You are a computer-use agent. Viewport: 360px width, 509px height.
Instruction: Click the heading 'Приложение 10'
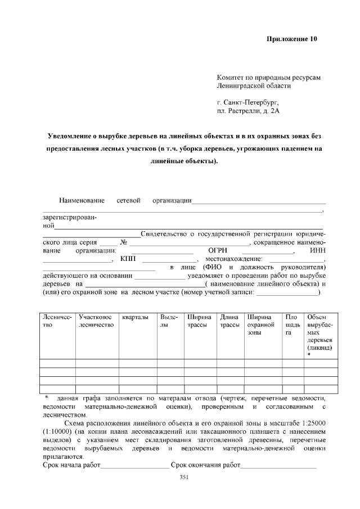click(x=291, y=39)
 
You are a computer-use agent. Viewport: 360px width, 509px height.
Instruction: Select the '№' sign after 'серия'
click(x=123, y=242)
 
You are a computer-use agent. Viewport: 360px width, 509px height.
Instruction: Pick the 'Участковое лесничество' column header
click(x=96, y=321)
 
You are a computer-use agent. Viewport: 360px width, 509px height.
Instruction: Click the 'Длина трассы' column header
click(x=229, y=321)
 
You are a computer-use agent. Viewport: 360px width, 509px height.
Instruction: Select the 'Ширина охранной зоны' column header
click(x=260, y=325)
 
